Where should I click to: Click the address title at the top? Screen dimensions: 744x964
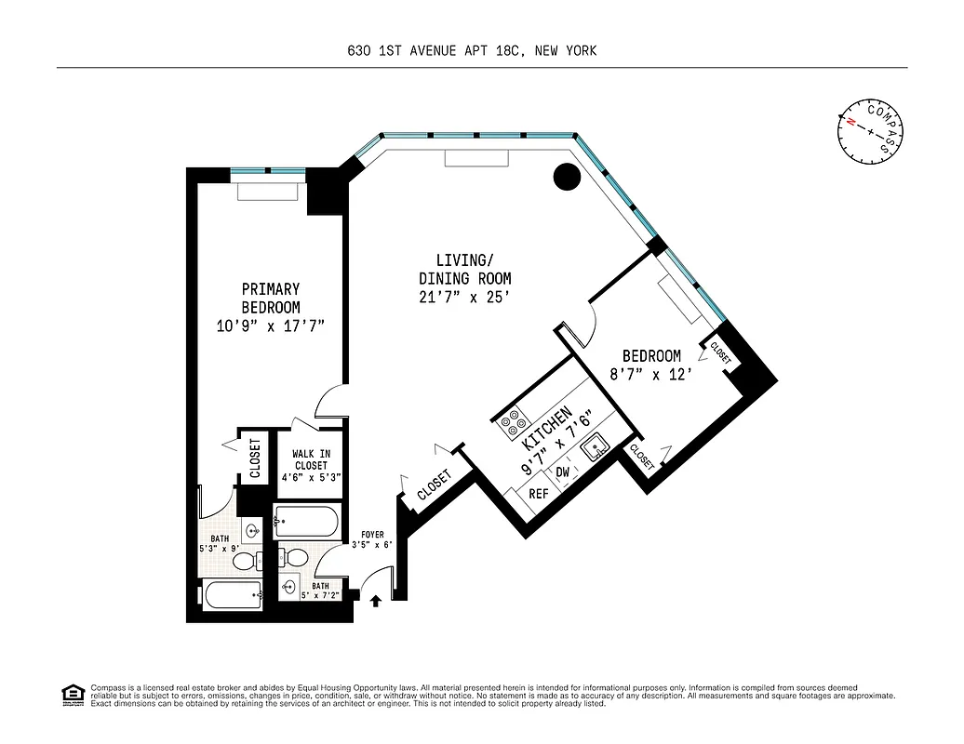click(x=481, y=51)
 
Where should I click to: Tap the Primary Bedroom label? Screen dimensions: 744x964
click(x=270, y=298)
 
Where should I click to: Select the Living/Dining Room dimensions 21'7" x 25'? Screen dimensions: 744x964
click(x=464, y=297)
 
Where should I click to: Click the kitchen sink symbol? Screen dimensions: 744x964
click(x=593, y=450)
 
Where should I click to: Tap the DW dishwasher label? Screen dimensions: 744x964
click(x=563, y=472)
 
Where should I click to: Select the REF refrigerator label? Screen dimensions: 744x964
click(x=538, y=494)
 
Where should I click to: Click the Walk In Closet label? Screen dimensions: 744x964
click(x=312, y=465)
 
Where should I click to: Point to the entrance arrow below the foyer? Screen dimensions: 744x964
click(x=376, y=602)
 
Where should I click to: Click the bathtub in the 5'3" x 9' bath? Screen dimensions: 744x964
click(x=233, y=595)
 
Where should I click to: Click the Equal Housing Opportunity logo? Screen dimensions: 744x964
click(x=70, y=694)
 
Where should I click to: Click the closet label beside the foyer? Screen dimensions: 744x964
click(x=434, y=485)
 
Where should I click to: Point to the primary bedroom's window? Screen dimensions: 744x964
click(x=268, y=172)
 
